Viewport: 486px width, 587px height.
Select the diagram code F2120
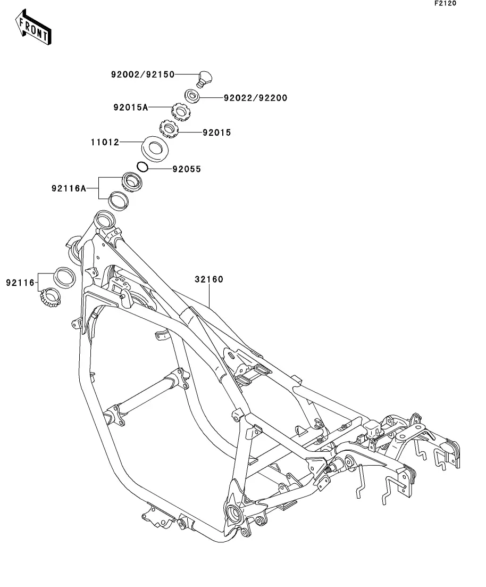(445, 4)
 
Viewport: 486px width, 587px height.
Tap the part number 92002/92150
(143, 75)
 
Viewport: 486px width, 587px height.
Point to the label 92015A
(130, 107)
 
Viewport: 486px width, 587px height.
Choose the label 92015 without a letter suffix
(216, 133)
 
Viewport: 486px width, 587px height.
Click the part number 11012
(105, 143)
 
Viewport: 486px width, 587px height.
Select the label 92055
(187, 169)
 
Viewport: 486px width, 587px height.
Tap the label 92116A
(69, 188)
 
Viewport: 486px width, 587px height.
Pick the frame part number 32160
(208, 279)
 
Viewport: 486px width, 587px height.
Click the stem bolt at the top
(204, 79)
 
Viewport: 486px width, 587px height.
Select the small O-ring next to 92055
(141, 167)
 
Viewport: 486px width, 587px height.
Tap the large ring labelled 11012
(155, 148)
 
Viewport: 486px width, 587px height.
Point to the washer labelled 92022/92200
(192, 96)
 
